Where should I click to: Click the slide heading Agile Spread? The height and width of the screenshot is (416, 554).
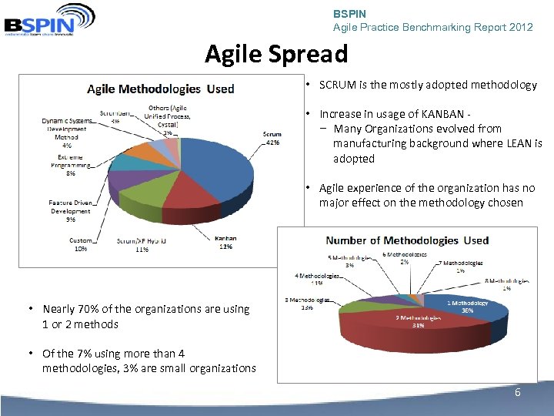tap(276, 54)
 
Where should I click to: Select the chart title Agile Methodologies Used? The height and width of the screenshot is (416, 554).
tap(160, 89)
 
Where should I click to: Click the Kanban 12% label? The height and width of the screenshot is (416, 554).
tap(225, 243)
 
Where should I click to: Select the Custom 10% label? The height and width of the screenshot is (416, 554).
tap(80, 245)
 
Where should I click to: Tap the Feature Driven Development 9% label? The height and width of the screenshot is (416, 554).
tap(71, 211)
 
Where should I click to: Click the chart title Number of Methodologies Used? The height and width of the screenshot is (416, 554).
tap(407, 240)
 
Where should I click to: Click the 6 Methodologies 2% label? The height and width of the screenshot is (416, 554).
tap(405, 257)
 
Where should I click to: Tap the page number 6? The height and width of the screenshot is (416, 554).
tap(517, 393)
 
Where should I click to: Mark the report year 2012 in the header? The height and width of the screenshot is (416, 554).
tap(520, 27)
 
